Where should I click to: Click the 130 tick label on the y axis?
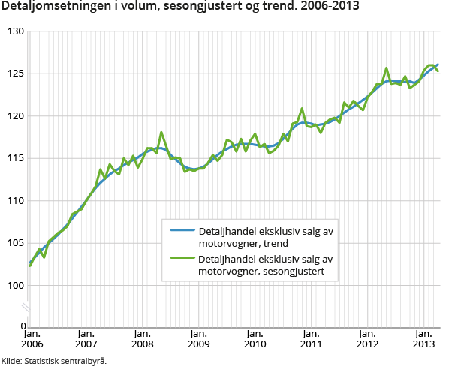click(x=15, y=31)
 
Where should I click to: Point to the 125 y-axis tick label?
click(x=15, y=73)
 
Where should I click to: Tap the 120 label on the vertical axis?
click(x=15, y=116)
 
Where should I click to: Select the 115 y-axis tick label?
click(x=15, y=158)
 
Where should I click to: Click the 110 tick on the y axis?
click(x=15, y=201)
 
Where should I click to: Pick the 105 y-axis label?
click(x=15, y=243)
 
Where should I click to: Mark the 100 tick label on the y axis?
click(x=15, y=286)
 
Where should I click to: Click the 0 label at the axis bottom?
click(x=23, y=326)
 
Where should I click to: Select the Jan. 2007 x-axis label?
click(x=86, y=338)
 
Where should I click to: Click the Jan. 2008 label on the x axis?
click(x=143, y=338)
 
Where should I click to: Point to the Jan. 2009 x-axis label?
click(x=198, y=338)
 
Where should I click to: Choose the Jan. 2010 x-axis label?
click(x=255, y=338)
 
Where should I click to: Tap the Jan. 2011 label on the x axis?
click(x=311, y=338)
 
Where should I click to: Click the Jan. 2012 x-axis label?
click(x=367, y=338)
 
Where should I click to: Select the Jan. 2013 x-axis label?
click(x=423, y=338)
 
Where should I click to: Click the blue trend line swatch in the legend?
click(x=182, y=231)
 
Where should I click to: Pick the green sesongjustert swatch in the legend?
click(x=182, y=259)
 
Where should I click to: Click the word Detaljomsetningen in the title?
click(x=50, y=7)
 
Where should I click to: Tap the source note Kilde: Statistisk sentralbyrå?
click(x=54, y=360)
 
